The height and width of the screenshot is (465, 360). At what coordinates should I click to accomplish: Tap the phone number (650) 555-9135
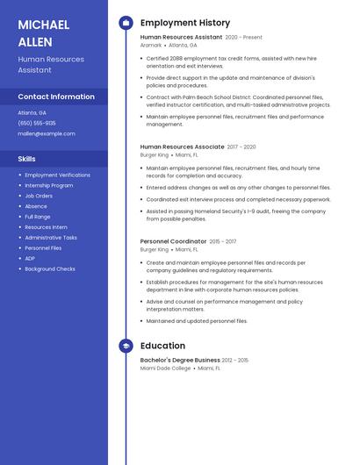click(37, 123)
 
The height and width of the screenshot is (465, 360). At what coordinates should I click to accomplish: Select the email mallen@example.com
click(47, 133)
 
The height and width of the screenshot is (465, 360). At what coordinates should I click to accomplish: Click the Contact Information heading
click(56, 97)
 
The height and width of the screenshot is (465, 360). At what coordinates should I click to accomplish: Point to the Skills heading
click(27, 159)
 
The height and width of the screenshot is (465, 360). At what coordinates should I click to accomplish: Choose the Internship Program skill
click(49, 185)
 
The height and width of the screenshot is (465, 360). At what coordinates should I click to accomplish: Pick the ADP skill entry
click(31, 258)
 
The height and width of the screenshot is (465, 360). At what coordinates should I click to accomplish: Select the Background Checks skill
click(50, 268)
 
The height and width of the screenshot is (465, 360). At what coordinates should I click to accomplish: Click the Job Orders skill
click(39, 196)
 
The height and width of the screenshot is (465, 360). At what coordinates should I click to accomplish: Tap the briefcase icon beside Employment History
click(126, 23)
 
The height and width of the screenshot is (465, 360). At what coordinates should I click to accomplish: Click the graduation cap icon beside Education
click(126, 346)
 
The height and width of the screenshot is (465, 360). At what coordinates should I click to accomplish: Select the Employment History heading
click(185, 23)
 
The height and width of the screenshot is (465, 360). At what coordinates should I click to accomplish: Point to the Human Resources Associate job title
click(182, 147)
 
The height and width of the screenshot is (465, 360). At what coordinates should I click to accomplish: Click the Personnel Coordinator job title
click(173, 241)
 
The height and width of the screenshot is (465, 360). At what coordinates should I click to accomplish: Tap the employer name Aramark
click(151, 45)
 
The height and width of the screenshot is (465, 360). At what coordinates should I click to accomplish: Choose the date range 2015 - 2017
click(223, 241)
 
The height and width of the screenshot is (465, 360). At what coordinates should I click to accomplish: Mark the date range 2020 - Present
click(244, 38)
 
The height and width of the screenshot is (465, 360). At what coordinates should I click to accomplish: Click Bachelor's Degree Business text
click(180, 360)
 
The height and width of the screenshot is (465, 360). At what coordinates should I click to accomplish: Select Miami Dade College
click(166, 368)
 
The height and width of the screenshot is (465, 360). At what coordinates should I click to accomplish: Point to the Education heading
click(162, 346)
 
